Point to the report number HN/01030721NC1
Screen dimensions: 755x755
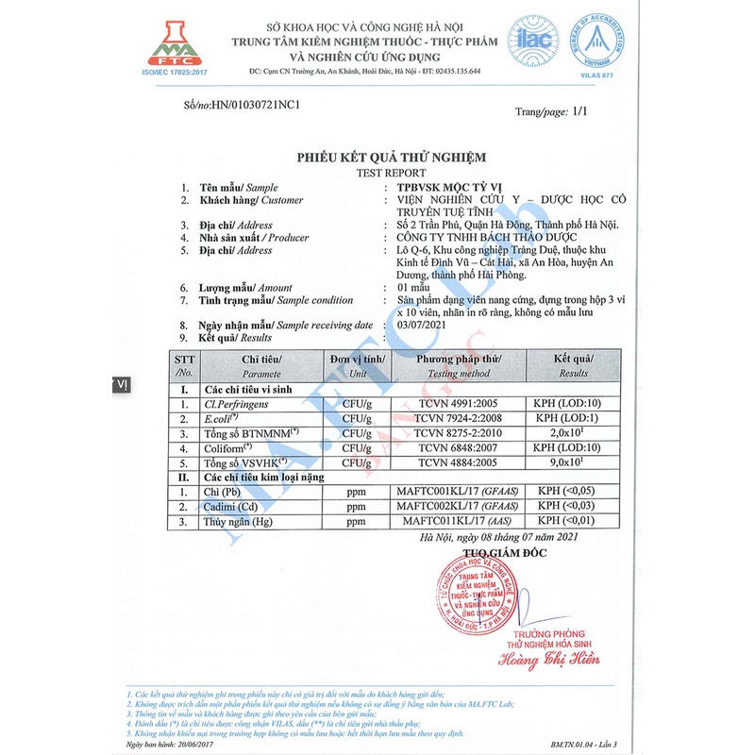click(256, 105)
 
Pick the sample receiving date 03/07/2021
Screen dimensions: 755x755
click(426, 325)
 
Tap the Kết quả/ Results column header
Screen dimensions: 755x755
click(573, 365)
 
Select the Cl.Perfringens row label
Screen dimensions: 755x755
click(236, 404)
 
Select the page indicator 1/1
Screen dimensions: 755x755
click(579, 111)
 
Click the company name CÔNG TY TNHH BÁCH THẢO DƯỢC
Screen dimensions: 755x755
click(496, 238)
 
